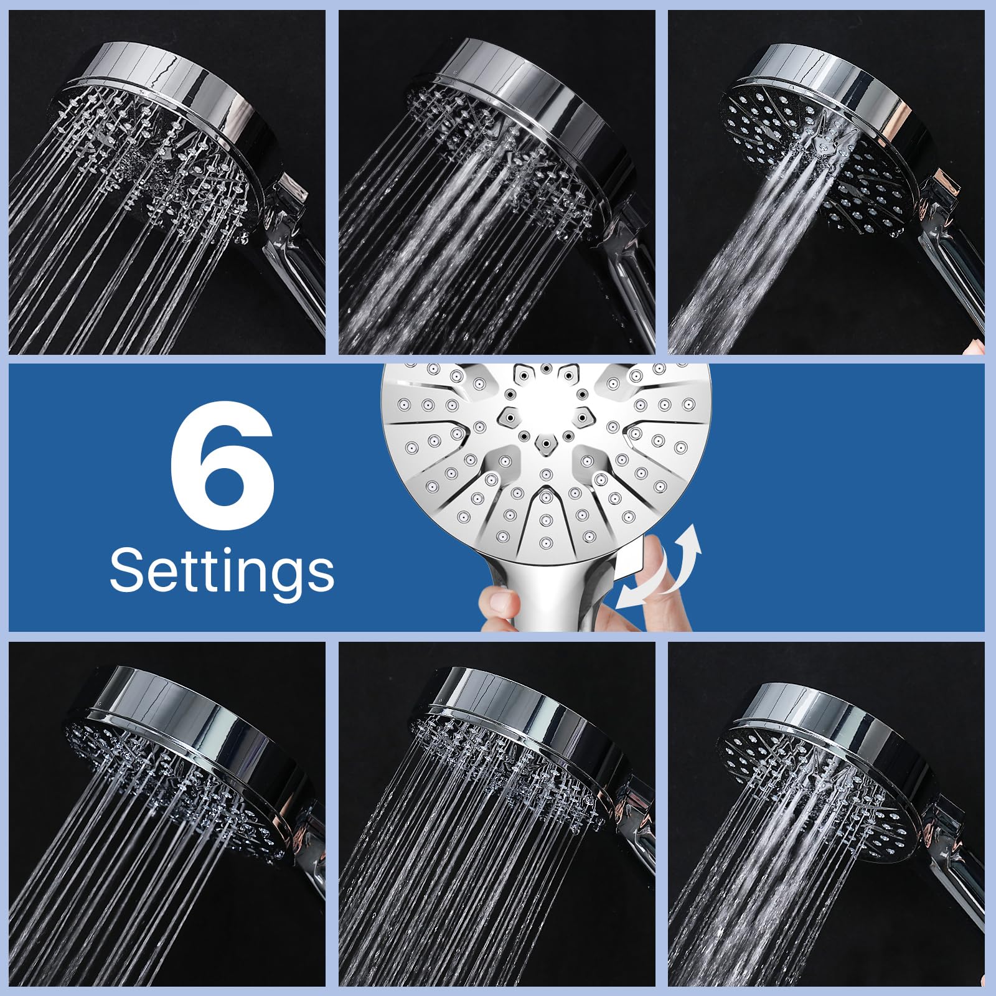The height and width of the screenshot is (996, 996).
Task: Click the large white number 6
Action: [x=222, y=466]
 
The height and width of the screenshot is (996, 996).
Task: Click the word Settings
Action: [x=222, y=570]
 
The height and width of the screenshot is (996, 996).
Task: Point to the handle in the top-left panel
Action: [x=293, y=249]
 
